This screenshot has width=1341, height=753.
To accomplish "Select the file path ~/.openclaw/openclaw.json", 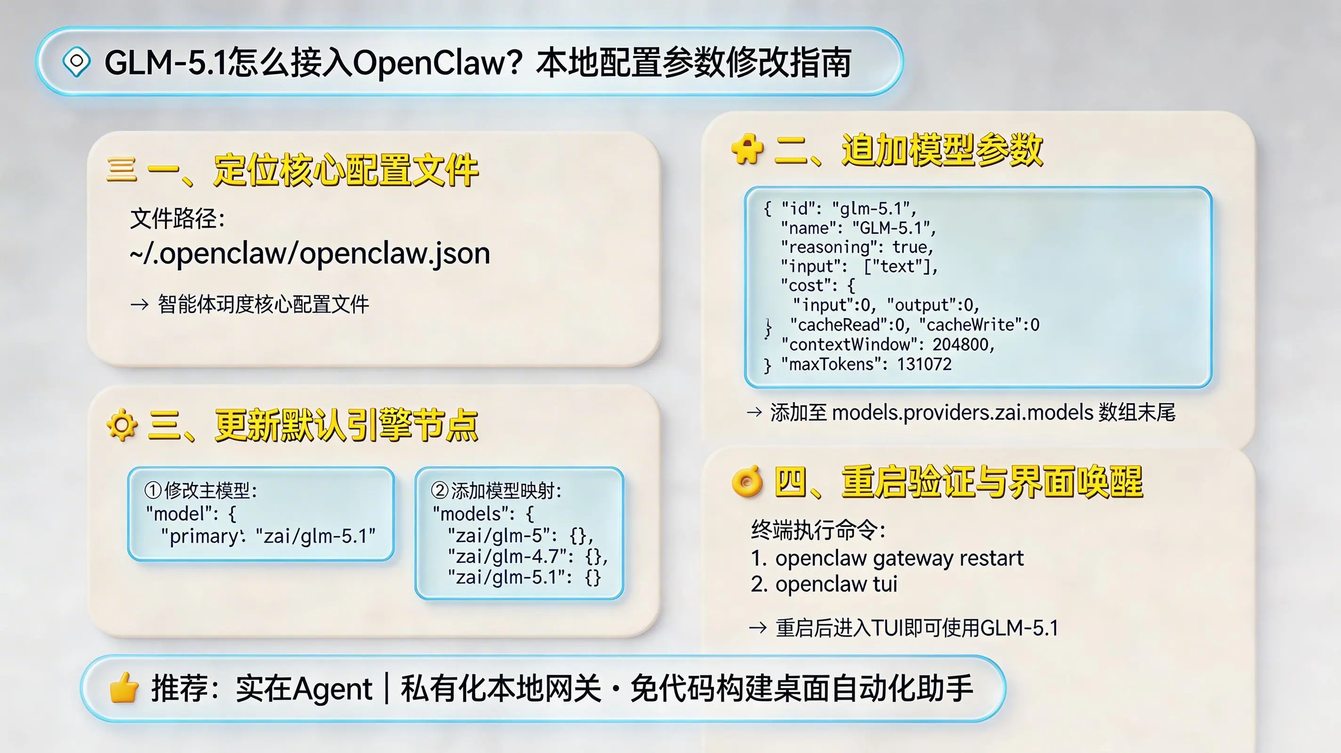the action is point(310,254).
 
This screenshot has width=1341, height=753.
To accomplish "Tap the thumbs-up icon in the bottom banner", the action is point(124,688).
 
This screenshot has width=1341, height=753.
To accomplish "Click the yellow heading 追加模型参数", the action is point(942,150).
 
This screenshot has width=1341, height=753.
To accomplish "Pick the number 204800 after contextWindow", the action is point(963,344).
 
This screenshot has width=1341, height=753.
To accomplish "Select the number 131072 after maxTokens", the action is point(924,364).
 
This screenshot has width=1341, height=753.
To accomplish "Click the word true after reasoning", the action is point(913,247).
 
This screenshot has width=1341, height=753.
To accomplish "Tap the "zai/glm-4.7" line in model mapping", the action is point(527,557).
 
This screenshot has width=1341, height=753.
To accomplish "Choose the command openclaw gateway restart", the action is point(899,558).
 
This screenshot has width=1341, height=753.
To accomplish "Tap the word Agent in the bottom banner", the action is point(332,689).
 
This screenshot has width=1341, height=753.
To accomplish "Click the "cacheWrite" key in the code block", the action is point(968,325).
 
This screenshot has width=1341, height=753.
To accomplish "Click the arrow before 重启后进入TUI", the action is point(758,628).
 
